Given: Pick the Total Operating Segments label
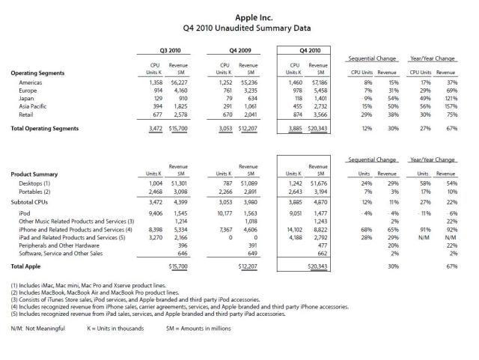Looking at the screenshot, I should pyautogui.click(x=45, y=129).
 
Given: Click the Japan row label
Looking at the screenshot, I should pyautogui.click(x=27, y=98).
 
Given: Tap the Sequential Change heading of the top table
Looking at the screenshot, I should pyautogui.click(x=376, y=58).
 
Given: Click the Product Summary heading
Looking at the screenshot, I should pyautogui.click(x=37, y=174).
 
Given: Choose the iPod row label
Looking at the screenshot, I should pyautogui.click(x=25, y=213).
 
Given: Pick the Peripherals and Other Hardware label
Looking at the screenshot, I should pyautogui.click(x=64, y=247).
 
